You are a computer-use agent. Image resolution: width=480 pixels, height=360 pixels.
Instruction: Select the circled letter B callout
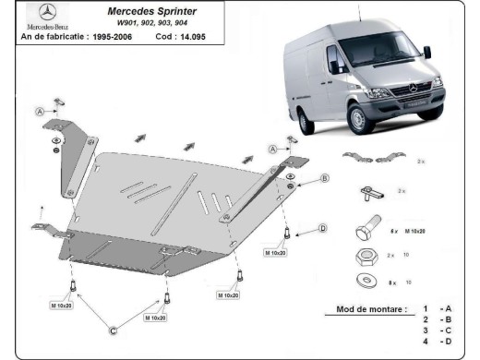coord(325,177)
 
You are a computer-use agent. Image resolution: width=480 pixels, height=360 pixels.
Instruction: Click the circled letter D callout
coord(322,228)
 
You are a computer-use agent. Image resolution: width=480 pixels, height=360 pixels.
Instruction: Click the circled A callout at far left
coord(41,112)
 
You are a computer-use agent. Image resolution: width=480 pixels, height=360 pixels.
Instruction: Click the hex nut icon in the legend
coord(364,255)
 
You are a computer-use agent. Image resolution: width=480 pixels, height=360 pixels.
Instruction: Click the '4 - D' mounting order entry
coord(437,342)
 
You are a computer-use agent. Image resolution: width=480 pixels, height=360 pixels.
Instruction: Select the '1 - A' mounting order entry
coord(437,308)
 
